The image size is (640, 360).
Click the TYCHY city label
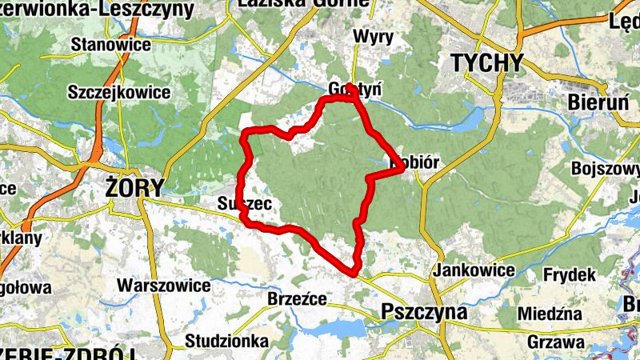(486, 63)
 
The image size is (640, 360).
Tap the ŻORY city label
(134, 188)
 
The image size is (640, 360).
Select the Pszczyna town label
(424, 311)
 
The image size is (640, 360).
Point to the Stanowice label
(110, 44)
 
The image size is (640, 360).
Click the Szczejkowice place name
(118, 93)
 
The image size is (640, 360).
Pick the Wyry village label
(373, 38)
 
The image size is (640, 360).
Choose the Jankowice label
(473, 270)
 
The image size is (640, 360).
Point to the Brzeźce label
(297, 299)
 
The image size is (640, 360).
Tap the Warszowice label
(163, 286)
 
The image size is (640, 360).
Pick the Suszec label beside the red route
(245, 205)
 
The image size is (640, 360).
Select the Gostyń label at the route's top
(352, 89)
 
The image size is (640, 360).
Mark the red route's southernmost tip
(353, 274)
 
